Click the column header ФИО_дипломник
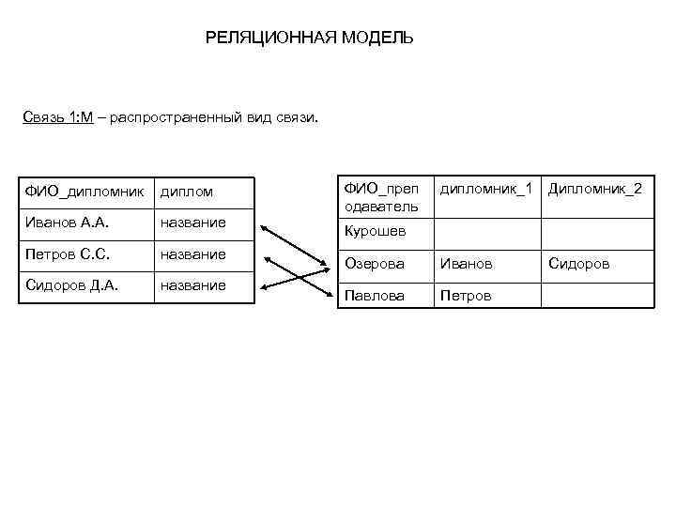coord(84,192)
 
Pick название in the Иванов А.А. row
coord(192,223)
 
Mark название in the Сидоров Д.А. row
coord(192,285)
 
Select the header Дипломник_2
coord(595,189)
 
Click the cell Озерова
coord(375,264)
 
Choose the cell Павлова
coord(375,296)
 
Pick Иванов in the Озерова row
coord(466,264)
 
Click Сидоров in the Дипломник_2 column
coord(578,264)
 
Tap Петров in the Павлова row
coord(464,296)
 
